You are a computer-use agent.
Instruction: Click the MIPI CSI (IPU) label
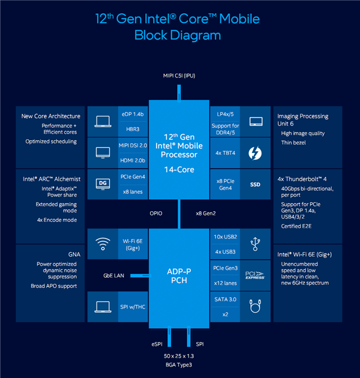[x=179, y=76]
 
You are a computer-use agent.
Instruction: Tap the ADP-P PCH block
[x=179, y=275]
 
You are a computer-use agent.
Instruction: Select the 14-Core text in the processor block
[x=179, y=170]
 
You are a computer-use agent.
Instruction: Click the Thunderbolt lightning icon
[x=256, y=153]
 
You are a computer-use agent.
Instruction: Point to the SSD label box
[x=256, y=184]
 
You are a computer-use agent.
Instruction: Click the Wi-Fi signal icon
[x=103, y=244]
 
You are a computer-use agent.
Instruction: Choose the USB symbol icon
[x=256, y=244]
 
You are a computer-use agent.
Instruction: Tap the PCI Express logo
[x=256, y=275]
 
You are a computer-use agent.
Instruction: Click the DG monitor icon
[x=103, y=182]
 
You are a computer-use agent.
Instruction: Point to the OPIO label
[x=156, y=213]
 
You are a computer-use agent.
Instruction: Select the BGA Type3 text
[x=179, y=364]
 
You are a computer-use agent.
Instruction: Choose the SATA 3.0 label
[x=226, y=298]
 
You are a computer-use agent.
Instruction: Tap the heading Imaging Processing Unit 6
[x=303, y=120]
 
